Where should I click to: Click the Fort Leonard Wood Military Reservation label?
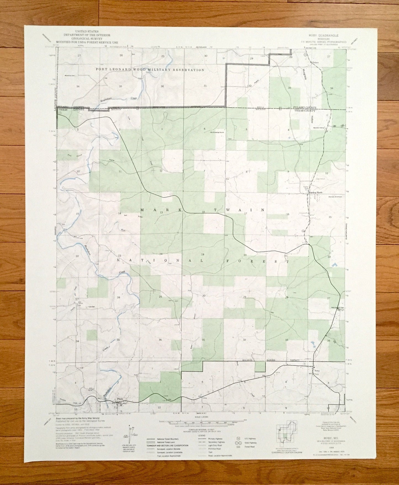(150, 70)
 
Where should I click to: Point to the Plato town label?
(120, 399)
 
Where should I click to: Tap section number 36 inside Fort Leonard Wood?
(162, 86)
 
